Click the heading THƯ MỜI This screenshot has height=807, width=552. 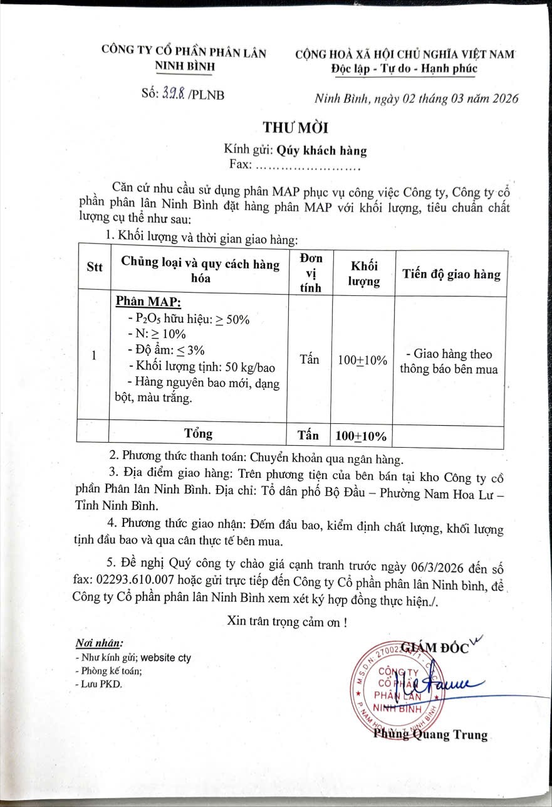pyautogui.click(x=296, y=127)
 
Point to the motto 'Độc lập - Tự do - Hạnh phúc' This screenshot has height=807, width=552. pyautogui.click(x=405, y=69)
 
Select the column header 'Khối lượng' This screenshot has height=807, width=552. pyautogui.click(x=363, y=273)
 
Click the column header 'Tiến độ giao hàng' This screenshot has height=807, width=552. pyautogui.click(x=451, y=274)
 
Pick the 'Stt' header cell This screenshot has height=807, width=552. pyautogui.click(x=94, y=268)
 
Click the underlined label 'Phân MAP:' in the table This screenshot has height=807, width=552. pyautogui.click(x=148, y=303)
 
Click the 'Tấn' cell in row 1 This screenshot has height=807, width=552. pyautogui.click(x=310, y=359)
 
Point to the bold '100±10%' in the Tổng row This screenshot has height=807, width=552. pyautogui.click(x=361, y=436)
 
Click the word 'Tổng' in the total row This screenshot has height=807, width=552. pyautogui.click(x=199, y=433)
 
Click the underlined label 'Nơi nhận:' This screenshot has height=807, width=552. pyautogui.click(x=99, y=643)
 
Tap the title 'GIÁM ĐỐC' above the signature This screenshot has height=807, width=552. pyautogui.click(x=434, y=647)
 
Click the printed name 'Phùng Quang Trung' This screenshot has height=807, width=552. pyautogui.click(x=430, y=735)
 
